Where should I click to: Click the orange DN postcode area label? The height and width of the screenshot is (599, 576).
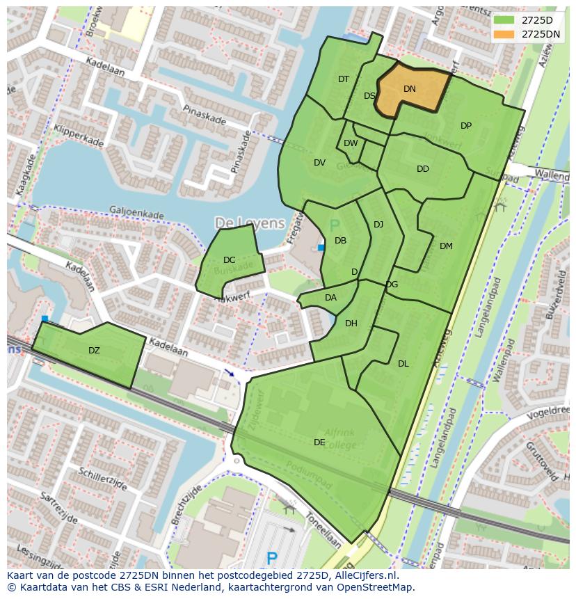pyautogui.click(x=410, y=88)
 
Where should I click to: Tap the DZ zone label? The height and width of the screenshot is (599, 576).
pyautogui.click(x=94, y=350)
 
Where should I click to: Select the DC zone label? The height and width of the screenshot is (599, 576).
pyautogui.click(x=229, y=260)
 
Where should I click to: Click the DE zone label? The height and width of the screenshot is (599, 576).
pyautogui.click(x=319, y=442)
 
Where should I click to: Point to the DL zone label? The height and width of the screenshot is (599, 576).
pyautogui.click(x=403, y=363)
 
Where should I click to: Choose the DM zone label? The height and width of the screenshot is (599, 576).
pyautogui.click(x=446, y=246)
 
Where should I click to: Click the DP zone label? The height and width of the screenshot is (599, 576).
pyautogui.click(x=466, y=126)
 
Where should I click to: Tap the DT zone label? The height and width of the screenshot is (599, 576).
pyautogui.click(x=344, y=79)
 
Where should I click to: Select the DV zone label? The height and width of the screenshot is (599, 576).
pyautogui.click(x=319, y=163)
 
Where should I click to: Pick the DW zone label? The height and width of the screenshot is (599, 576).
pyautogui.click(x=351, y=143)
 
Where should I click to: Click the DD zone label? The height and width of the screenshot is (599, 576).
pyautogui.click(x=423, y=169)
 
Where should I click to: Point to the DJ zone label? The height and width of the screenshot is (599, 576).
pyautogui.click(x=378, y=224)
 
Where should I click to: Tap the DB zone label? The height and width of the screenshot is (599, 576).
pyautogui.click(x=340, y=241)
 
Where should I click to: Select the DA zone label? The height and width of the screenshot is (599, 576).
pyautogui.click(x=330, y=298)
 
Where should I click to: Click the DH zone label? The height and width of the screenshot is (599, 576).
pyautogui.click(x=351, y=323)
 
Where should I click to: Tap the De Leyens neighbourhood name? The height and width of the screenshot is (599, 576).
pyautogui.click(x=250, y=223)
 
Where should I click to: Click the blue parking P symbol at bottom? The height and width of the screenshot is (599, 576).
pyautogui.click(x=272, y=558)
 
